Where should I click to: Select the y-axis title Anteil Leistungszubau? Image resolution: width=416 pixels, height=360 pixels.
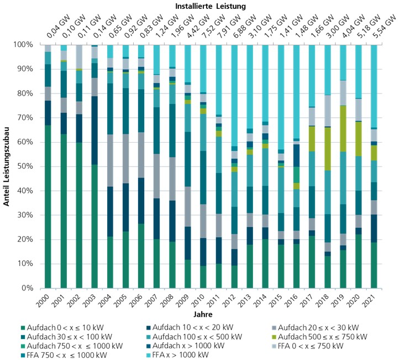(7, 166)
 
